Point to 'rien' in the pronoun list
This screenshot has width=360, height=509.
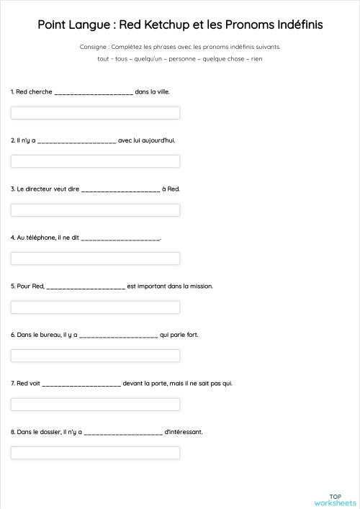(256, 58)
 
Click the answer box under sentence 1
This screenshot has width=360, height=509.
(95, 113)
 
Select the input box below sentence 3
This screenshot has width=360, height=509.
(95, 210)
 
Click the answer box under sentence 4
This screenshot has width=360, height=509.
(95, 258)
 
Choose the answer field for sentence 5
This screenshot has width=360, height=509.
(95, 307)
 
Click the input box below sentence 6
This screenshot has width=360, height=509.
(95, 356)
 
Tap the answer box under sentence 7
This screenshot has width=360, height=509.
(95, 405)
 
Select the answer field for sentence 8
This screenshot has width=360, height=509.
(95, 453)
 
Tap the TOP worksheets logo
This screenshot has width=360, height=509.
(335, 499)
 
